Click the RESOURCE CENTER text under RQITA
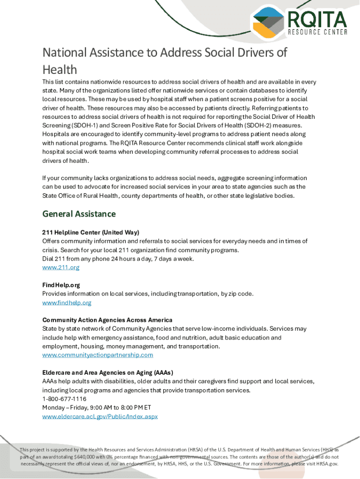tap(317, 32)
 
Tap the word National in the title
tap(64, 52)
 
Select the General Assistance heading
tap(79, 214)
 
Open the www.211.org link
tap(61, 268)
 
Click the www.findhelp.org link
tap(66, 303)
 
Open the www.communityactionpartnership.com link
tap(97, 355)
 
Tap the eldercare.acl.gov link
tap(100, 416)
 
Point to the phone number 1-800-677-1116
tap(64, 399)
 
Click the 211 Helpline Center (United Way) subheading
tap(91, 232)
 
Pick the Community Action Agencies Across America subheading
tap(107, 320)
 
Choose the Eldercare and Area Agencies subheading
tap(108, 373)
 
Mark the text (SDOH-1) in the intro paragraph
tap(85, 125)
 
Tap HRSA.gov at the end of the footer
tap(327, 464)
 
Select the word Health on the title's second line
tap(60, 70)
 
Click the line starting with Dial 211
tap(118, 259)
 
